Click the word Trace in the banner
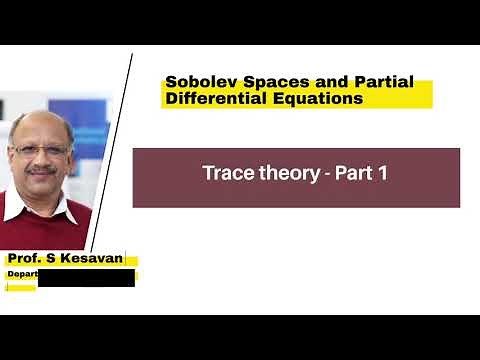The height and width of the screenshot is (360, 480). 225,173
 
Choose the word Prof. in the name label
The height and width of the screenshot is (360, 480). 27,259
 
